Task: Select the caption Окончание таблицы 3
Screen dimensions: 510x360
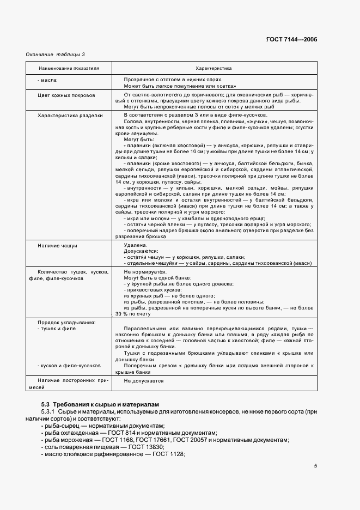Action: point(56,54)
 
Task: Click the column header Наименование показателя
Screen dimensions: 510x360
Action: point(69,69)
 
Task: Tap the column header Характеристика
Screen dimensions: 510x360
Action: point(214,69)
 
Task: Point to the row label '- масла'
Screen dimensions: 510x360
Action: point(47,80)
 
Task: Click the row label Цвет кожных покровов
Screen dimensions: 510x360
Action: point(66,95)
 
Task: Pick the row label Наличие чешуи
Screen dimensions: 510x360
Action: point(58,246)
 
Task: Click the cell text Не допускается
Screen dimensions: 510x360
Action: point(144,381)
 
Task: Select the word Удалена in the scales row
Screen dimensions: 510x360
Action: point(135,246)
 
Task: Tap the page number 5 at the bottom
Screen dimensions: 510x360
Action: point(315,466)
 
